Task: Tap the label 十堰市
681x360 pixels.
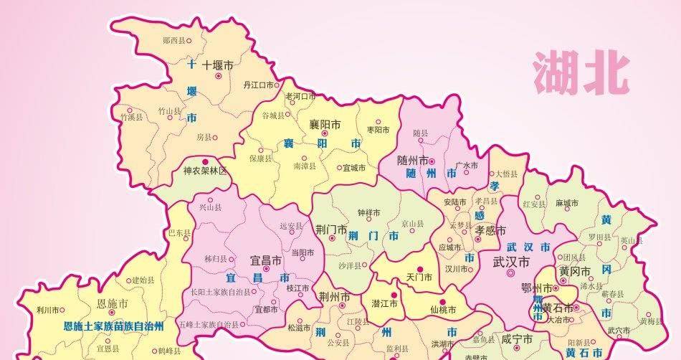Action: click(x=218, y=65)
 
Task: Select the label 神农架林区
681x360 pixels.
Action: click(x=205, y=171)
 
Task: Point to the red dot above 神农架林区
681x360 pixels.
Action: click(x=206, y=161)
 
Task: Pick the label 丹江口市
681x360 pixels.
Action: click(x=259, y=85)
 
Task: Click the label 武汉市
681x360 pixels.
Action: click(x=512, y=262)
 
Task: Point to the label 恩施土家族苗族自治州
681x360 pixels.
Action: click(x=114, y=326)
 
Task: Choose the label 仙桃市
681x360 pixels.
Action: click(x=443, y=311)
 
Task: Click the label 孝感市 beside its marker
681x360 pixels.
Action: click(x=490, y=229)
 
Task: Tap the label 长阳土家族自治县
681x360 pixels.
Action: click(x=221, y=293)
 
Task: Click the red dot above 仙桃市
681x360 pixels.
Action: click(x=442, y=302)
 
